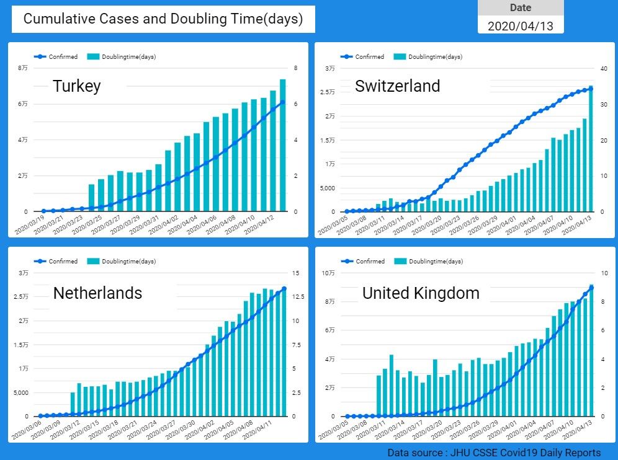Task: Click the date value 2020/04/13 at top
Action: (520, 26)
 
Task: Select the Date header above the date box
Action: (520, 8)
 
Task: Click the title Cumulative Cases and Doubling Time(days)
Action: (163, 19)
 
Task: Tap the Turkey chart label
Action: (76, 86)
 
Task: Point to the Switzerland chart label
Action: (397, 86)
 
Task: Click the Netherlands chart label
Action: (97, 293)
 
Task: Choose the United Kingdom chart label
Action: (421, 293)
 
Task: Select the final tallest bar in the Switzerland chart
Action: (591, 149)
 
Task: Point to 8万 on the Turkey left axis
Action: (23, 68)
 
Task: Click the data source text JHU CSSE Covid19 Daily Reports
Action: (494, 453)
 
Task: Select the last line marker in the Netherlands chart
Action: (284, 289)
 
